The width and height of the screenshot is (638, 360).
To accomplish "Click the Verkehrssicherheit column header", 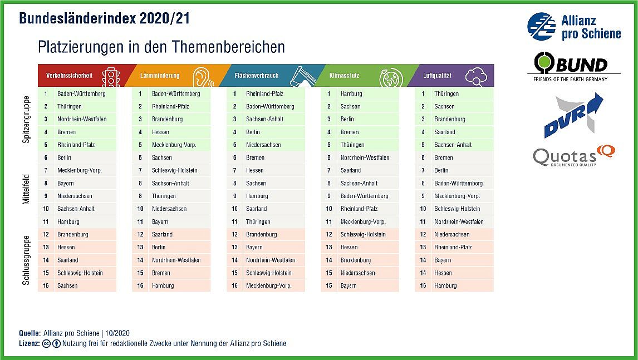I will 70,76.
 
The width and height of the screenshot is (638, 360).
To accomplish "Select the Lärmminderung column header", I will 160,76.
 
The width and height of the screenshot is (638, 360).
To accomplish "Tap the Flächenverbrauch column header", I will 256,76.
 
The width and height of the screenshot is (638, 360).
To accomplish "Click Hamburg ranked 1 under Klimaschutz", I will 351,93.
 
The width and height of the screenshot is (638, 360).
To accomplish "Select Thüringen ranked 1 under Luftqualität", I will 446,93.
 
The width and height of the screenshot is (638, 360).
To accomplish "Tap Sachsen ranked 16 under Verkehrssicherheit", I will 67,285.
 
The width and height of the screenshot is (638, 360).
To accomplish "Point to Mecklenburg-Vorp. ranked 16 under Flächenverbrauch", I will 269,285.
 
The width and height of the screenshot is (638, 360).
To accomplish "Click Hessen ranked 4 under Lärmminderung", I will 160,132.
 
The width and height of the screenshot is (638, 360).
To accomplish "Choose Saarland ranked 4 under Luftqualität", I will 445,132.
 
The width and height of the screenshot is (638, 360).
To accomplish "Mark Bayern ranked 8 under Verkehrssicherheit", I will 66,183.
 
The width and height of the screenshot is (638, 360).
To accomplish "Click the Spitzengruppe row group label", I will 26,120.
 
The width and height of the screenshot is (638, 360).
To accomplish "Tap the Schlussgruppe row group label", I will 26,260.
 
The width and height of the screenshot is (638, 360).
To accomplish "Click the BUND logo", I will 573,66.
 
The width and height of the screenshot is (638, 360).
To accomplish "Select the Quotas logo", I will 573,156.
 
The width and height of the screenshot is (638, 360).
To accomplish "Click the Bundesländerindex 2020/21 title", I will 105,18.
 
